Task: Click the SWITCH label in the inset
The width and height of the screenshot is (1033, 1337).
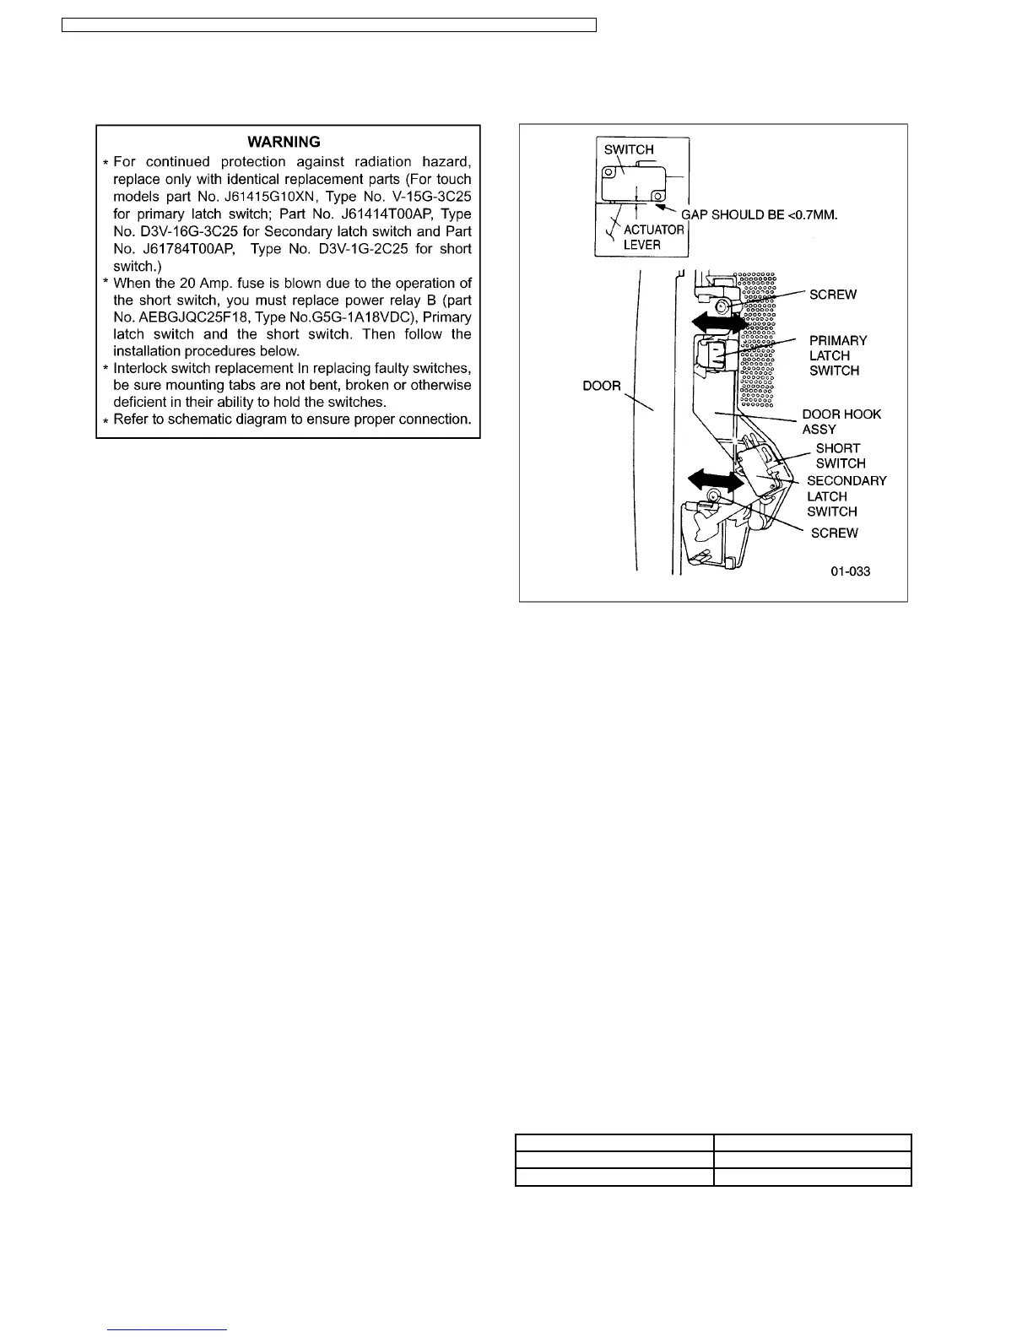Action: click(629, 149)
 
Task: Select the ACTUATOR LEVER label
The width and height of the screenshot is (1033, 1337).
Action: click(652, 237)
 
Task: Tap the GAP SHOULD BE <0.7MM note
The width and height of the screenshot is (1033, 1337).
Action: click(759, 214)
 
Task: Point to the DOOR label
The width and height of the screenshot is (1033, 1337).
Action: click(602, 386)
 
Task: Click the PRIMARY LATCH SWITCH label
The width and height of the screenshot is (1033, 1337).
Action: click(836, 355)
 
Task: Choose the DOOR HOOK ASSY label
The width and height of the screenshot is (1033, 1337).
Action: click(841, 421)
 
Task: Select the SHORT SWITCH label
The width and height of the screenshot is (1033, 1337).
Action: click(840, 456)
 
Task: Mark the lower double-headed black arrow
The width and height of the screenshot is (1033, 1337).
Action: click(716, 480)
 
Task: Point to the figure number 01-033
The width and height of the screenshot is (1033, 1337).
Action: click(850, 571)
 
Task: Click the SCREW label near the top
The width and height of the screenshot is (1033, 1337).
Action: click(832, 295)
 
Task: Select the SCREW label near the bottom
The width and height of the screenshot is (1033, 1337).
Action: click(834, 533)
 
